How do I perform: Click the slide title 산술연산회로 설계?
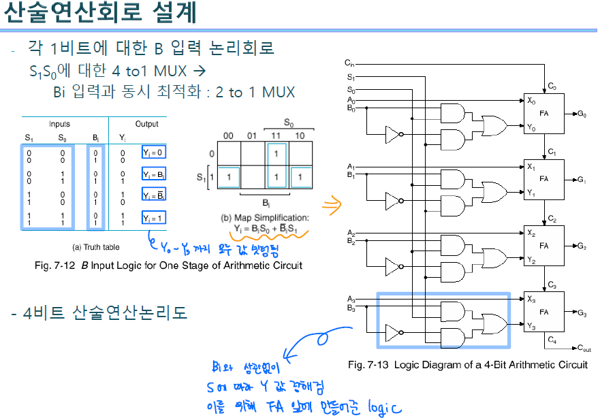(101, 14)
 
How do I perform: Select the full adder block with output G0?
(544, 114)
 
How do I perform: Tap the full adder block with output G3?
(544, 312)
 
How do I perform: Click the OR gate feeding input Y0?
(494, 126)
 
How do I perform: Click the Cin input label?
(349, 63)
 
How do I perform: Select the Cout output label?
(584, 349)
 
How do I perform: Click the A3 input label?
(350, 299)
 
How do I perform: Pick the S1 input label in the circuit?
(350, 77)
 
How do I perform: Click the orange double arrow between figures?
(332, 203)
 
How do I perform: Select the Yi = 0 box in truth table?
(153, 152)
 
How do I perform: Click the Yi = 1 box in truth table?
(153, 219)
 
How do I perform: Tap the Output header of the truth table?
(146, 125)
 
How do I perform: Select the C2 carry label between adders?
(552, 220)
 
